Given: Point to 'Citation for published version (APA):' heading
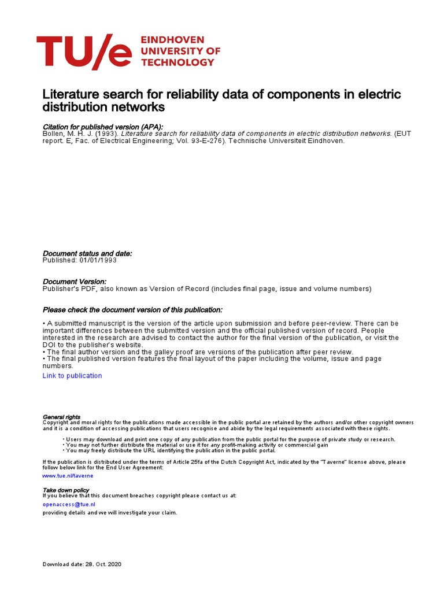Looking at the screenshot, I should pos(103,127).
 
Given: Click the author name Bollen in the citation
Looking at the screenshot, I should pos(54,133).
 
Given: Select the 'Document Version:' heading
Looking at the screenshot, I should pos(75,281).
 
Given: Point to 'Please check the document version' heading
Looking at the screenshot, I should pos(132,309).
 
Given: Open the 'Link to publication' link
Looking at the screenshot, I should pos(72,376).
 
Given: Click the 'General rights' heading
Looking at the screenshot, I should pos(62,417).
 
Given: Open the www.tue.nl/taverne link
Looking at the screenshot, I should pos(68,475).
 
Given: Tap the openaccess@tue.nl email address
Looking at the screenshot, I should pos(69,504).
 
